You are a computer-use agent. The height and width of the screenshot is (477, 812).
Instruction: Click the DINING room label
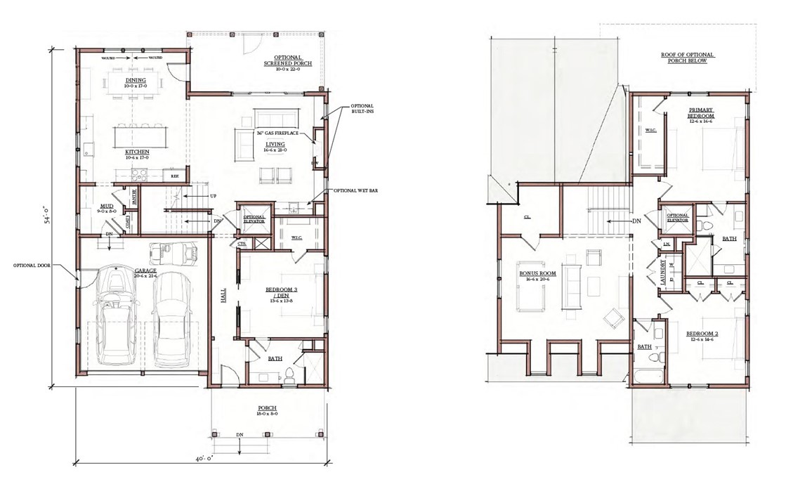136,81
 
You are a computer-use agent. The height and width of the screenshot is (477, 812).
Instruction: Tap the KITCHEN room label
136,151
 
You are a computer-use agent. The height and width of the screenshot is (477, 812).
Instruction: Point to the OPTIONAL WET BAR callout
355,190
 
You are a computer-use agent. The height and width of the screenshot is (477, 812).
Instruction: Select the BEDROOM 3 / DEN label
280,292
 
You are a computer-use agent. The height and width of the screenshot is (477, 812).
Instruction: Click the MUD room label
107,207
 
